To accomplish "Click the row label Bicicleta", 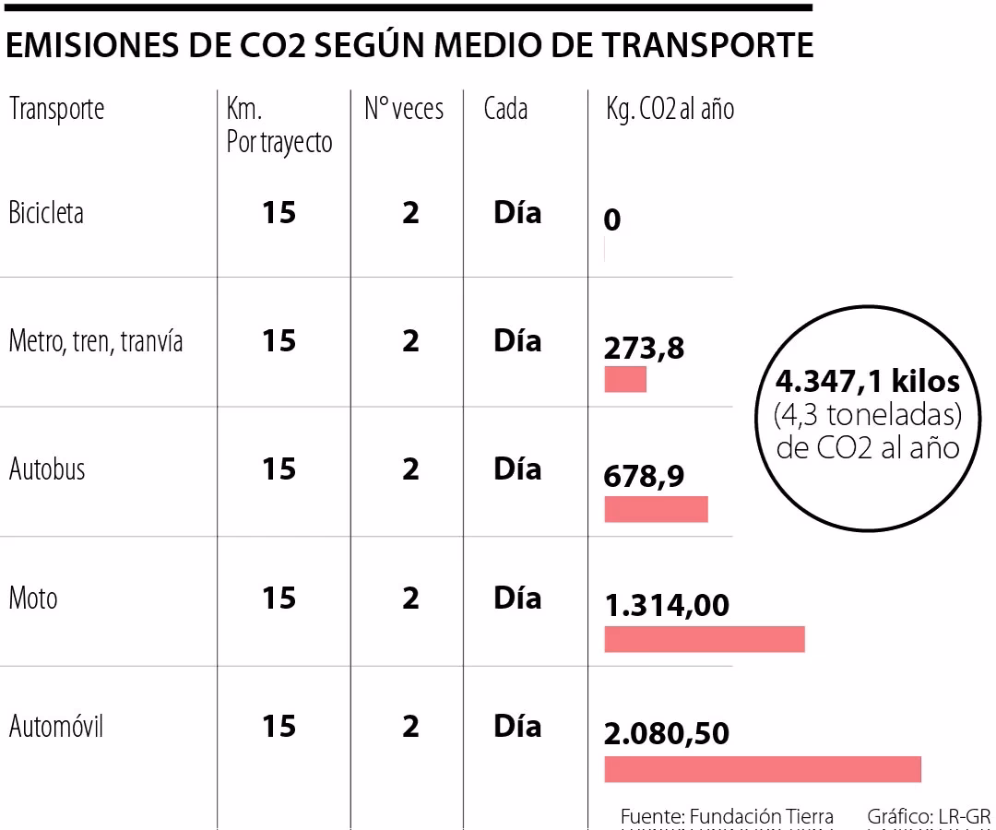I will [x=46, y=213].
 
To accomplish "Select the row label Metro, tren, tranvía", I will [x=96, y=341].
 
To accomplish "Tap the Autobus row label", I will [x=47, y=469].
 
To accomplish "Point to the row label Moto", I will [x=33, y=599].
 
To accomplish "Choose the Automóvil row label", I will [x=56, y=727].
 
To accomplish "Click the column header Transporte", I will [x=57, y=109].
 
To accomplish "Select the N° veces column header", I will [x=404, y=109].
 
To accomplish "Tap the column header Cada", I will [x=505, y=109].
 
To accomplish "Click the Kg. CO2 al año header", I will [x=670, y=109].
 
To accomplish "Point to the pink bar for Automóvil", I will [x=763, y=769].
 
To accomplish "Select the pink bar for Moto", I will [x=705, y=639].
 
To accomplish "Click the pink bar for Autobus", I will [x=656, y=509].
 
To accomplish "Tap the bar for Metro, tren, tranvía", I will [x=625, y=379].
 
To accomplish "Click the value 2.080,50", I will [x=667, y=734].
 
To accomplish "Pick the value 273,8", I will [x=645, y=349].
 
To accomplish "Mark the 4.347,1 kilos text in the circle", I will [x=868, y=381].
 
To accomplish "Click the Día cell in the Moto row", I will [x=517, y=598].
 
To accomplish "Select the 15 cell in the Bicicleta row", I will [x=279, y=213].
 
